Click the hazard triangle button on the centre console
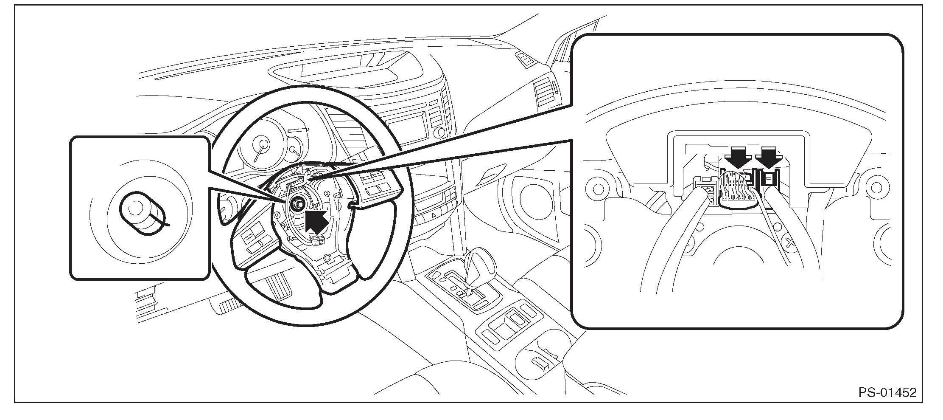coord(434,216)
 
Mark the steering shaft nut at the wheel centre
coord(296,203)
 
